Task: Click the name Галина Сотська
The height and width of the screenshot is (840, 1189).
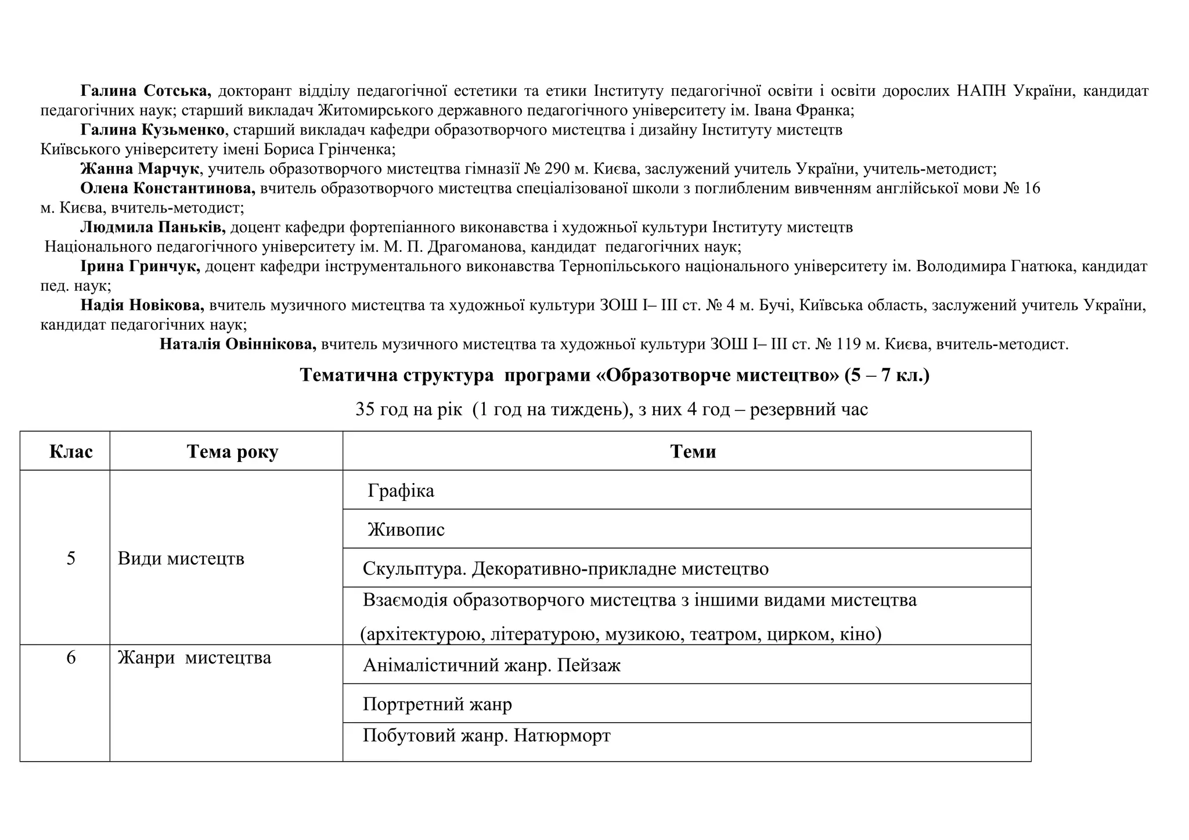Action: coord(146,91)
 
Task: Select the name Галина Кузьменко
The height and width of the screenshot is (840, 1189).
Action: coord(152,130)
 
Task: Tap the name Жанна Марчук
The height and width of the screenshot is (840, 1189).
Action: coord(139,169)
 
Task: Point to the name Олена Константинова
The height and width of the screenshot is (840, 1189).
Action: coord(167,189)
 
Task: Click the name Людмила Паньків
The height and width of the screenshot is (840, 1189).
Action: coord(153,228)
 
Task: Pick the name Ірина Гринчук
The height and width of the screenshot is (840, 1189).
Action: coord(140,266)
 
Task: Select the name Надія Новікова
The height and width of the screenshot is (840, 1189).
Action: coord(142,305)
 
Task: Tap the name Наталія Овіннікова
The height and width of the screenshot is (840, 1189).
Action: coord(237,344)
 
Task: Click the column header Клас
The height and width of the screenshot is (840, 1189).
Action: coord(71,452)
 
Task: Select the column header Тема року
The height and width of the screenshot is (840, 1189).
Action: coord(232,452)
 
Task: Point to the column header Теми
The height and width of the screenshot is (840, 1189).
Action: coord(693,452)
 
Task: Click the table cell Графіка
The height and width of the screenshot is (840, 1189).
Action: coord(401,491)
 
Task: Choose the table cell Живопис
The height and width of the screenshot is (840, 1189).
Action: coord(406,530)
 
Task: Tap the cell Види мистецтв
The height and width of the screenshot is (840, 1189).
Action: coord(181,559)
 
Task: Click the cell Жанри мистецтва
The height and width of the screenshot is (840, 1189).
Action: coord(194,658)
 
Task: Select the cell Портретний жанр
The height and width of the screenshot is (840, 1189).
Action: coord(437,705)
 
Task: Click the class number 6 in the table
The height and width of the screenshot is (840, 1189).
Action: coord(71,658)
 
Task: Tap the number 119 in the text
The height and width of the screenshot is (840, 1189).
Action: coord(848,344)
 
